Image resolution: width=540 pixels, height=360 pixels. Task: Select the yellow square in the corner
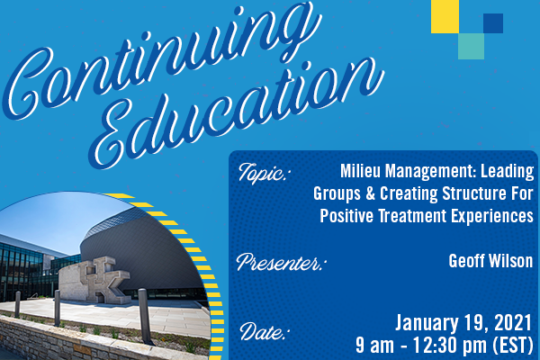pyautogui.click(x=445, y=16)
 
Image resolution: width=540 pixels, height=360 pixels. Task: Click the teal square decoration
pyautogui.click(x=471, y=46)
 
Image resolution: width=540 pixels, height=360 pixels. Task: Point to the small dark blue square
pyautogui.click(x=493, y=23)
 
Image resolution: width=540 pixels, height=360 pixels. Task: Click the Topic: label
pyautogui.click(x=263, y=174)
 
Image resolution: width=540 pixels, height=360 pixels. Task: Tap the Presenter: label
pyautogui.click(x=281, y=262)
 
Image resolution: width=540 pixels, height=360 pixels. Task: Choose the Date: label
pyautogui.click(x=263, y=332)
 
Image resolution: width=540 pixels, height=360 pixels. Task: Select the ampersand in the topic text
pyautogui.click(x=370, y=193)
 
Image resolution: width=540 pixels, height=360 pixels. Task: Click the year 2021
pyautogui.click(x=513, y=323)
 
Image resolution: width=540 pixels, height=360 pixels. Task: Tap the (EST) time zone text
pyautogui.click(x=513, y=346)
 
